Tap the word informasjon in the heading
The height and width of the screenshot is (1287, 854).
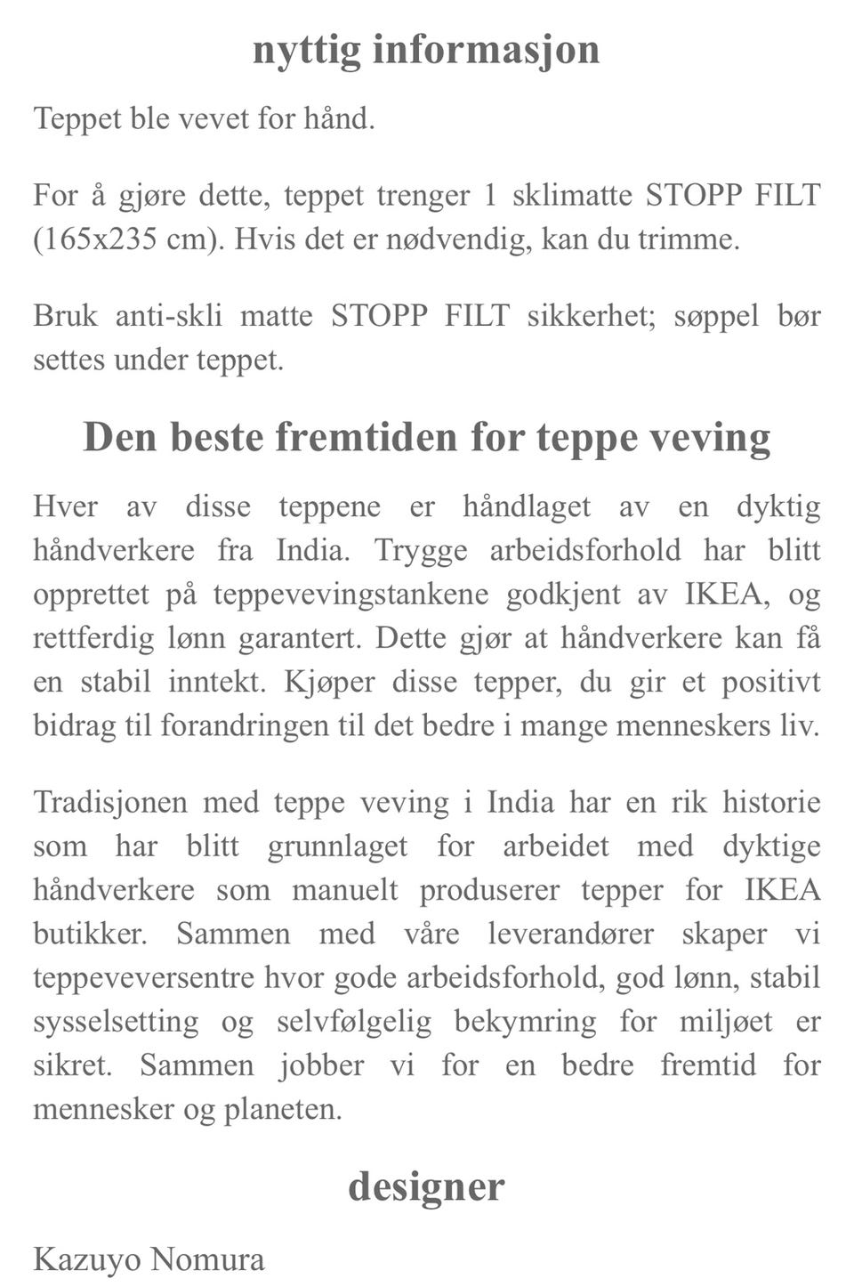point(486,50)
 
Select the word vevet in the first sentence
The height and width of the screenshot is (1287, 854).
point(205,118)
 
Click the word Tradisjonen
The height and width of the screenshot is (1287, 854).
point(110,803)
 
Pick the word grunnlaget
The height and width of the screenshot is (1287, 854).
point(337,846)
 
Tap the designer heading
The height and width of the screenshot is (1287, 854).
point(426,1186)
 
